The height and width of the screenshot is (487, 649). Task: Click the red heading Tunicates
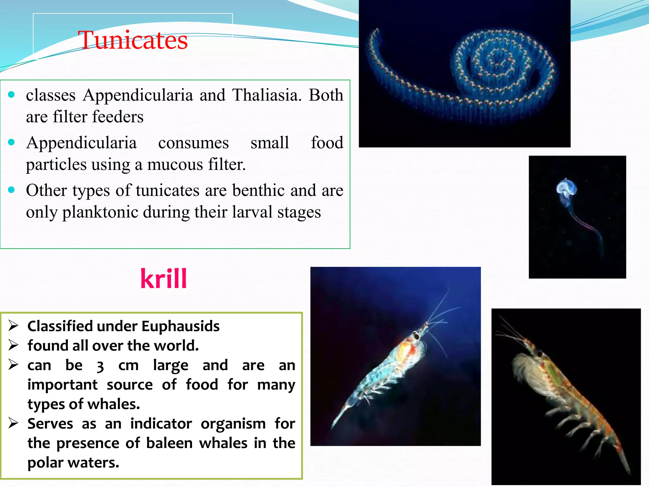pos(133,40)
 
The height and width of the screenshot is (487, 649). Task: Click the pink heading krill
pos(164,279)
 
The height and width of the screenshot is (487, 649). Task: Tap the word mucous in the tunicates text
pos(175,165)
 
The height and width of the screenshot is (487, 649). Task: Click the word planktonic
pos(100,212)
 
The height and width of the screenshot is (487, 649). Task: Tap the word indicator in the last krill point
pos(161,424)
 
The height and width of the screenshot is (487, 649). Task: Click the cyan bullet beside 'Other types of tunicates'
pos(12,190)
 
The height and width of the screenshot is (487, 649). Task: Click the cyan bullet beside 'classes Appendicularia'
pos(12,94)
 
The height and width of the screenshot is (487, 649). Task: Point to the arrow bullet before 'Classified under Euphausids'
pos(13,326)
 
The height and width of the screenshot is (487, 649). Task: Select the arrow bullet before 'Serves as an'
pos(13,423)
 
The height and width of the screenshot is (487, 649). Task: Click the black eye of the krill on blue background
pos(416,335)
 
